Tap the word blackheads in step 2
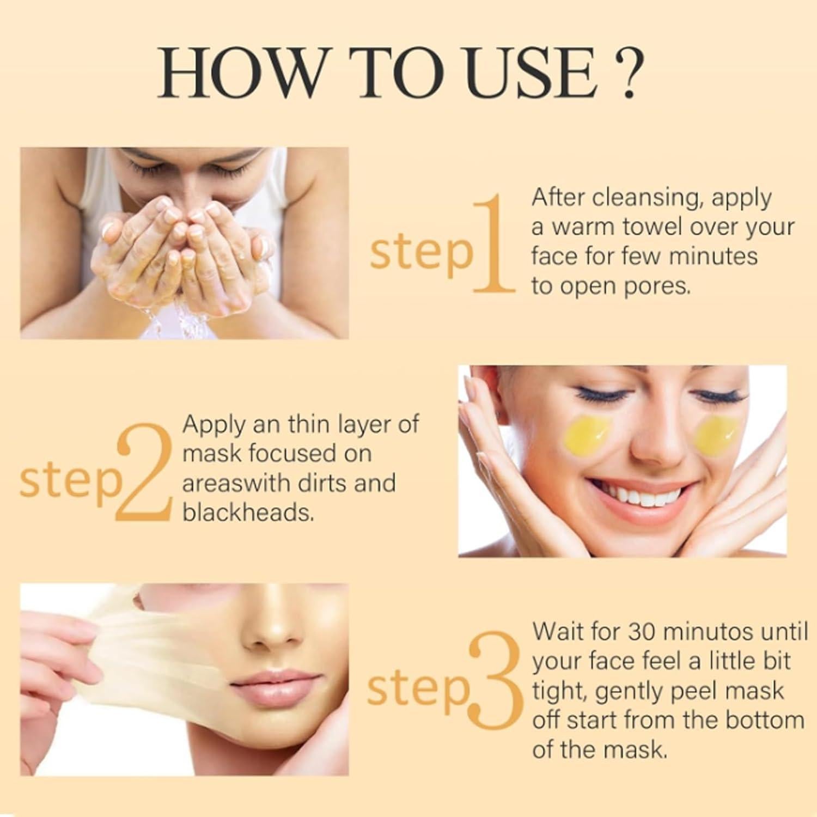point(248,513)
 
